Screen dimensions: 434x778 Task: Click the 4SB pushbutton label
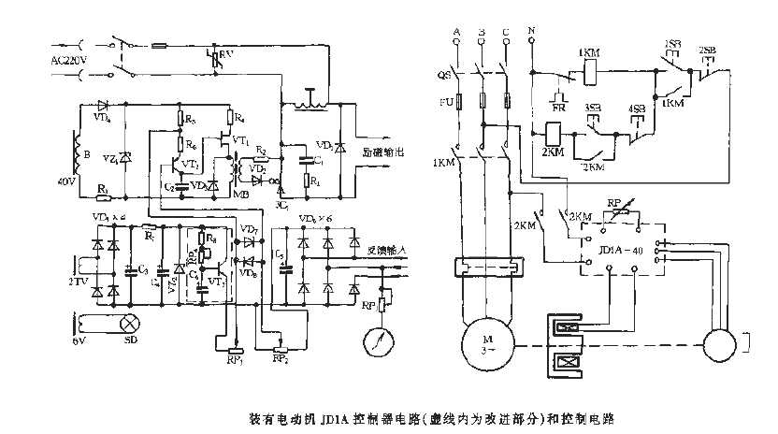[636, 109]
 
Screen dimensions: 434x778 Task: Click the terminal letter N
[531, 32]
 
